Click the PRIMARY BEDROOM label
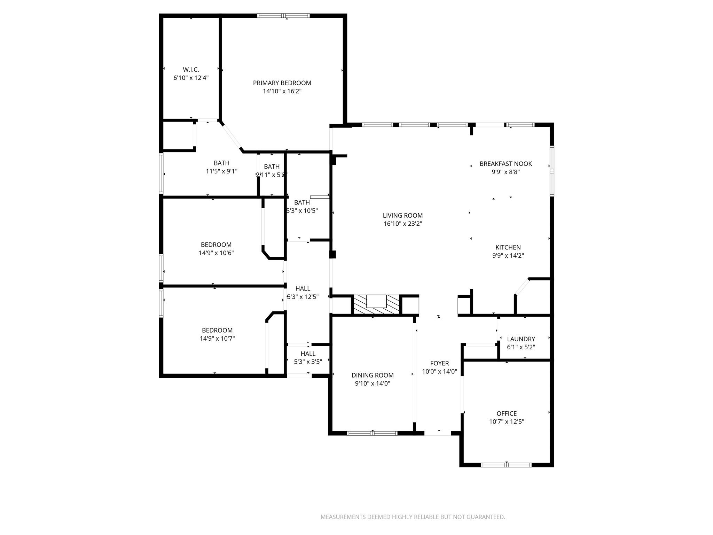point(282,83)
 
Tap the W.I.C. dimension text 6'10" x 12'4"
point(191,78)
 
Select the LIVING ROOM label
point(403,216)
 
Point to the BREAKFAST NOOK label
point(506,164)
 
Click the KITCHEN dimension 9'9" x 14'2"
point(508,256)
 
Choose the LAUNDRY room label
point(521,339)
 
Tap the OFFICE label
point(507,413)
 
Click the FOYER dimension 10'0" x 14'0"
point(439,372)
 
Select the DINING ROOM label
point(373,375)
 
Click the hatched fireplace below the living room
point(376,304)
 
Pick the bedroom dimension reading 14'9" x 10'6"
point(216,253)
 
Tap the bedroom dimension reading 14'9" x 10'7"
point(217,339)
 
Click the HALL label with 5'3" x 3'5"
point(308,354)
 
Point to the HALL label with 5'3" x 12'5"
point(303,288)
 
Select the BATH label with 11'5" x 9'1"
point(221,163)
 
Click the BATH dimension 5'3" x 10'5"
point(302,211)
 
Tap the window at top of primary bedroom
point(283,16)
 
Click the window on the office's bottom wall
point(506,465)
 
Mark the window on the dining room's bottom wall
point(372,433)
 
